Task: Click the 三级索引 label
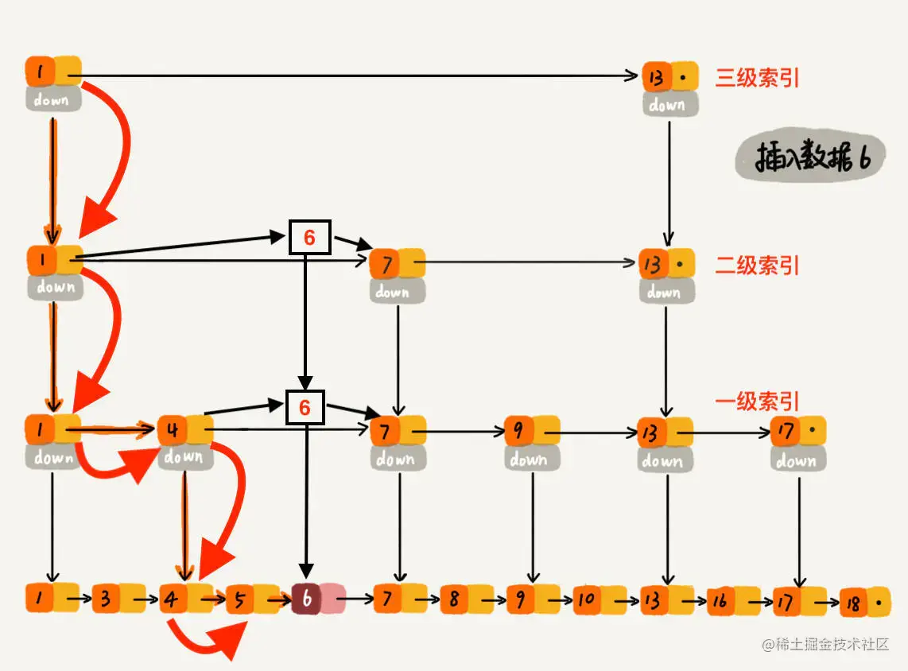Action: tap(757, 78)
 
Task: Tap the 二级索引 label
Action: tap(757, 266)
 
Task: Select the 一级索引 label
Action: tap(757, 401)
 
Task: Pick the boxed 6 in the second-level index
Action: tap(309, 237)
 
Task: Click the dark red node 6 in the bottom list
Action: tap(307, 599)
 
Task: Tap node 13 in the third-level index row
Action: tap(655, 77)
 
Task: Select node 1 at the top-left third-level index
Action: tap(40, 72)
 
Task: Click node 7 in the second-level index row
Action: tap(385, 263)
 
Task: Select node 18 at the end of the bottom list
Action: tap(853, 603)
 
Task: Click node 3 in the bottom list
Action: tap(106, 599)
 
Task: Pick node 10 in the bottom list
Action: tap(587, 599)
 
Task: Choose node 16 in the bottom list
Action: tap(720, 602)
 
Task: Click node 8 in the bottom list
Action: tap(453, 599)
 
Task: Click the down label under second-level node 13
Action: tap(665, 292)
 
